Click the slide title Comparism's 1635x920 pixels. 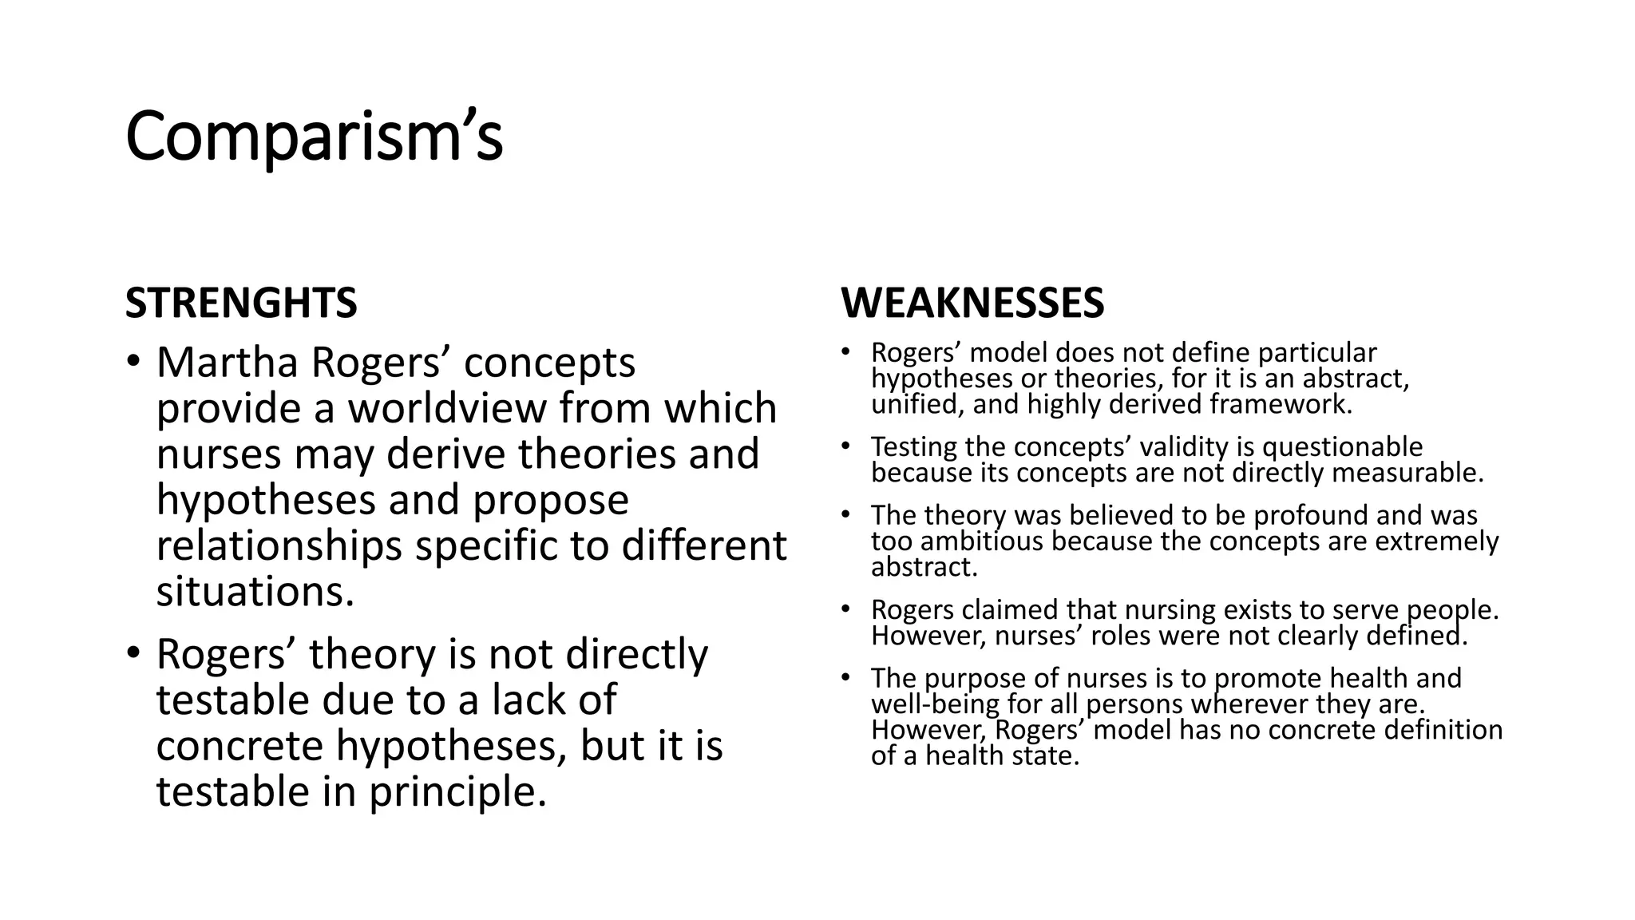click(x=314, y=137)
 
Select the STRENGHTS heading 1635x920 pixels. click(x=241, y=303)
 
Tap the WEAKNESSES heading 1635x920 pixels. click(x=972, y=303)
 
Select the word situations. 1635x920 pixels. click(x=255, y=592)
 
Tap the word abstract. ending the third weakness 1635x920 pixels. click(x=924, y=567)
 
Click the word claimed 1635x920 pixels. click(x=1010, y=610)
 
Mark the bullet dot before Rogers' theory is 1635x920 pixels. click(x=133, y=653)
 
